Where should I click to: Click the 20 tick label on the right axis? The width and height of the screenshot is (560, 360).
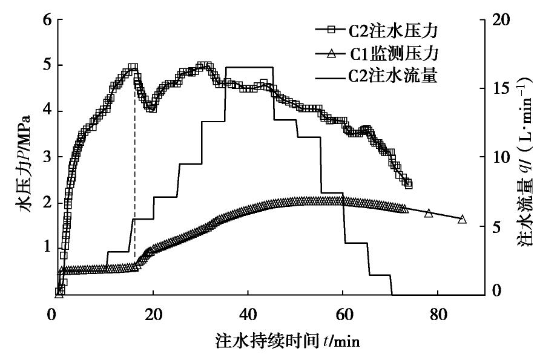500,20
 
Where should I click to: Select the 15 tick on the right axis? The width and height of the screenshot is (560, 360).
500,88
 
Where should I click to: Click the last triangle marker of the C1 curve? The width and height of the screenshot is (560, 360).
462,219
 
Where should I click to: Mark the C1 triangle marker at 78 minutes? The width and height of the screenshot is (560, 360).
429,213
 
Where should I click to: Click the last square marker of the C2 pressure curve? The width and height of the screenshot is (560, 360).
408,185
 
